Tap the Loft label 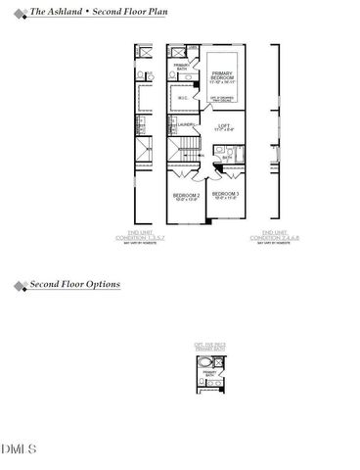pyautogui.click(x=223, y=127)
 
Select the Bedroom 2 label pyautogui.click(x=186, y=196)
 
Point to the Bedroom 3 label pyautogui.click(x=226, y=196)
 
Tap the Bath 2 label pyautogui.click(x=225, y=157)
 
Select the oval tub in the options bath pyautogui.click(x=204, y=362)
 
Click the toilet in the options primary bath pyautogui.click(x=223, y=382)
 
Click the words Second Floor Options pyautogui.click(x=74, y=285)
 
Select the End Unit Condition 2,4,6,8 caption pyautogui.click(x=269, y=236)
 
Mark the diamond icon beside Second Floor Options pyautogui.click(x=21, y=286)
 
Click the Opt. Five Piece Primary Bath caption pyautogui.click(x=210, y=346)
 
